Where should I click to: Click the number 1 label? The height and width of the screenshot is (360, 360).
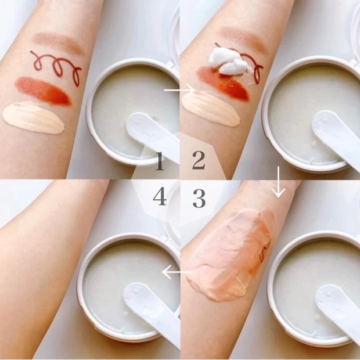[160, 161]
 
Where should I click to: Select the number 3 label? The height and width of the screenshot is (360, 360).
[199, 198]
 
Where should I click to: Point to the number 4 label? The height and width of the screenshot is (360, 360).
[160, 196]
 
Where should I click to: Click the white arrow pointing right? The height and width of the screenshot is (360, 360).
[179, 90]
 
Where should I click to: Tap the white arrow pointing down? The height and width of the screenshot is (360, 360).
[279, 182]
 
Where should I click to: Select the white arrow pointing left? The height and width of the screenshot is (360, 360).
[177, 272]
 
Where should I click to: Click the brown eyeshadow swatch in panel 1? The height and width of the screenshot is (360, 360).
[59, 43]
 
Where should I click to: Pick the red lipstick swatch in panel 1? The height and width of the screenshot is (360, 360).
[43, 91]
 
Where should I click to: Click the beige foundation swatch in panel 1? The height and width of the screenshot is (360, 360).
[34, 117]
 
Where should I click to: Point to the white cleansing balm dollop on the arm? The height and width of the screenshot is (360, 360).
[231, 62]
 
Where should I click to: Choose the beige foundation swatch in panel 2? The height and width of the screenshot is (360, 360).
[211, 107]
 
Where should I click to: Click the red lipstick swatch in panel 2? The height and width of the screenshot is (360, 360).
[223, 84]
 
